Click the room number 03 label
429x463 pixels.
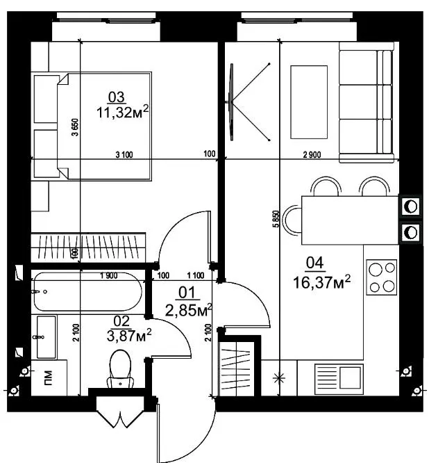117,97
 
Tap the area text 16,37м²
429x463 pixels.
321,282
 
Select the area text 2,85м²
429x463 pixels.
188,310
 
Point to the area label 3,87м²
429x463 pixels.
129,336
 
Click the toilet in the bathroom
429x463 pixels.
120,369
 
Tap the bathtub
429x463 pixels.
88,291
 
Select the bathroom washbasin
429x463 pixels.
47,337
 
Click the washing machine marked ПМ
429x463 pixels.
49,377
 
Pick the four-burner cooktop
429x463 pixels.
382,277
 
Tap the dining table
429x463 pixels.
350,220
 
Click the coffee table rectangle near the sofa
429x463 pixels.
309,102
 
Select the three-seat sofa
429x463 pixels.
367,102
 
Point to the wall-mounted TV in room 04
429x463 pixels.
232,102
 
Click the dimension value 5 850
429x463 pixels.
276,219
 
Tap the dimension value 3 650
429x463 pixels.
76,127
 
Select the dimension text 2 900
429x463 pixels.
312,154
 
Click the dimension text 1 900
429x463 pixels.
109,276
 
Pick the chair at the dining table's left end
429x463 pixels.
292,220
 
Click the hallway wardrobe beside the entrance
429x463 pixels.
237,369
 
